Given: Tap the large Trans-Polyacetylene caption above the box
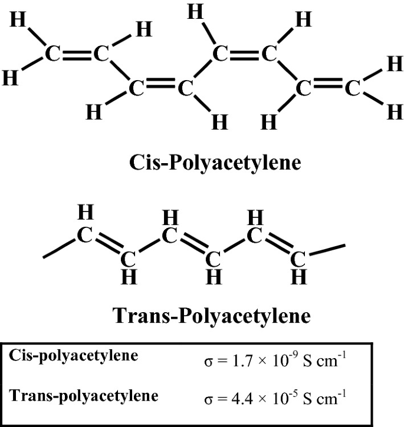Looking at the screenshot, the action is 211,316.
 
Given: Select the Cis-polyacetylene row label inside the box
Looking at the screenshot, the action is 74,356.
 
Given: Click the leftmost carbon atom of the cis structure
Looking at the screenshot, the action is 52,55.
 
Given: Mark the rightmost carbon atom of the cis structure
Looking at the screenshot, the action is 352,90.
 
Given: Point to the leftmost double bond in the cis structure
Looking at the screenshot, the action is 77,55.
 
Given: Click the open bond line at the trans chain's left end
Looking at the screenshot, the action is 59,249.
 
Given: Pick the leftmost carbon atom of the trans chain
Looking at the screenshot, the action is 86,236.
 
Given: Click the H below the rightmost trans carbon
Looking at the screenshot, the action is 300,275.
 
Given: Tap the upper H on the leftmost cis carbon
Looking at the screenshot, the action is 18,21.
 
